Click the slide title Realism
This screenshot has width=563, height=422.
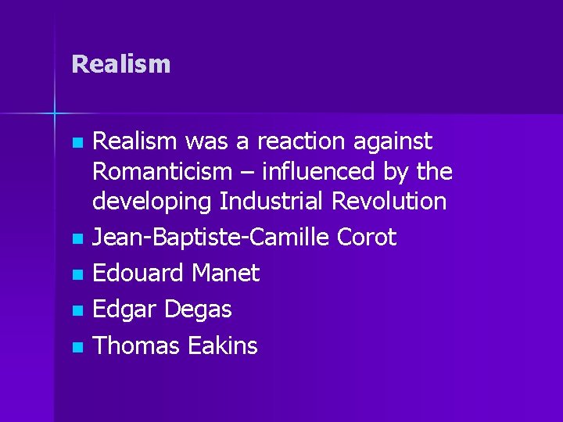[120, 64]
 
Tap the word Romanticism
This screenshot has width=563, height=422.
[163, 171]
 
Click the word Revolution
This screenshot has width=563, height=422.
[389, 201]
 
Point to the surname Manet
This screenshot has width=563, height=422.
[226, 274]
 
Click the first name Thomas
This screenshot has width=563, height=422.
[135, 345]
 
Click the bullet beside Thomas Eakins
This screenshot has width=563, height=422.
[76, 347]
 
